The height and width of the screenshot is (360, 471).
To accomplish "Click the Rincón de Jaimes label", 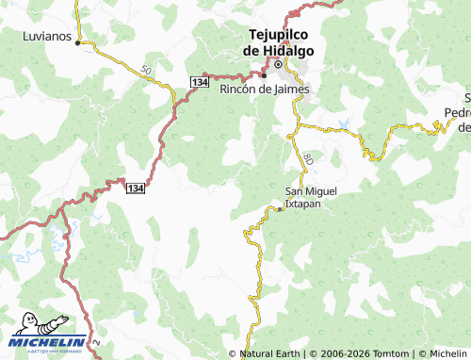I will click(264, 90).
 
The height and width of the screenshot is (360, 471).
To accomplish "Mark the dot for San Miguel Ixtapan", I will click(280, 208).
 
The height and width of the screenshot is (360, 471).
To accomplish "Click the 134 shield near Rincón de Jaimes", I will click(198, 83).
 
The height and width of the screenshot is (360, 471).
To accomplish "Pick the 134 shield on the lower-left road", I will click(137, 188).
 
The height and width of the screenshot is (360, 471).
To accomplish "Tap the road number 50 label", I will click(144, 71).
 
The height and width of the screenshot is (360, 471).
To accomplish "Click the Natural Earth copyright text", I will click(269, 353).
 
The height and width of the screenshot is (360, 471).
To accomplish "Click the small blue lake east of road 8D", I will click(346, 123).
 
